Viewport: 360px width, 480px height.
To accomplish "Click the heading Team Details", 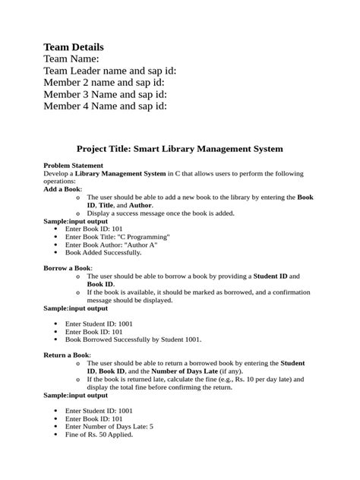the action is click(74, 47).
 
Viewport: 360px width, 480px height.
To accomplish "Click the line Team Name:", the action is click(71, 59).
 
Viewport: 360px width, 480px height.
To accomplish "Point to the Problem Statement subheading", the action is click(74, 165).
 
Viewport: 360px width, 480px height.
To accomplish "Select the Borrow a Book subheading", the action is click(68, 268).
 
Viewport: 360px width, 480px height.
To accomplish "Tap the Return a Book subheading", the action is click(67, 355).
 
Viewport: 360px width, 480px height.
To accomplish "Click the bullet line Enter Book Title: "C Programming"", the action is click(118, 237).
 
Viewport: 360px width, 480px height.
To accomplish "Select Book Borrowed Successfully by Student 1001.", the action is click(133, 339).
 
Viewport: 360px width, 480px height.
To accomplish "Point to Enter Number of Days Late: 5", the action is click(109, 426).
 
